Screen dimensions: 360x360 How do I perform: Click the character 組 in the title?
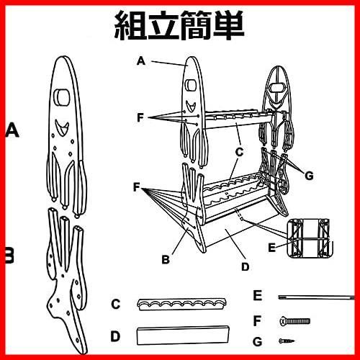130,25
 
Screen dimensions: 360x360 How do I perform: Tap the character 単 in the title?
228,25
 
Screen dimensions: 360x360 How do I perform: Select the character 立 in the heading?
163,25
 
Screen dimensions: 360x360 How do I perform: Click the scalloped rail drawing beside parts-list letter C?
182,305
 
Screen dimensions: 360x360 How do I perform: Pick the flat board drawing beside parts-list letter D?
183,335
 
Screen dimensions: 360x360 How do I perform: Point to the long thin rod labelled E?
316,297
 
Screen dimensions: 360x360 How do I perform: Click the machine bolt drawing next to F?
295,321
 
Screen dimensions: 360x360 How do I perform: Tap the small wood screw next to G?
287,341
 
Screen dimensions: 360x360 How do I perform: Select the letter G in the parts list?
258,341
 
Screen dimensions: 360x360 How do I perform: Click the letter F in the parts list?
257,321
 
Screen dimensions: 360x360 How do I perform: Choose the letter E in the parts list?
258,295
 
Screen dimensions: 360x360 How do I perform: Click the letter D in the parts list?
115,336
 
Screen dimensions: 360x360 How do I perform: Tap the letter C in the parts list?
115,304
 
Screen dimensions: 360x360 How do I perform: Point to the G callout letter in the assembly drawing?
309,176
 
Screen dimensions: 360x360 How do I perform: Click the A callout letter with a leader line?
141,61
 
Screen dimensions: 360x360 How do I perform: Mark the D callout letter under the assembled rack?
246,267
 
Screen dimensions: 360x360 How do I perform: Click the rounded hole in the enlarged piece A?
61,97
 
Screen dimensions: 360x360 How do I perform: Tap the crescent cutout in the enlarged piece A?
62,127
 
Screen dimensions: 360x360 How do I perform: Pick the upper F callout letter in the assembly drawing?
140,118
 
